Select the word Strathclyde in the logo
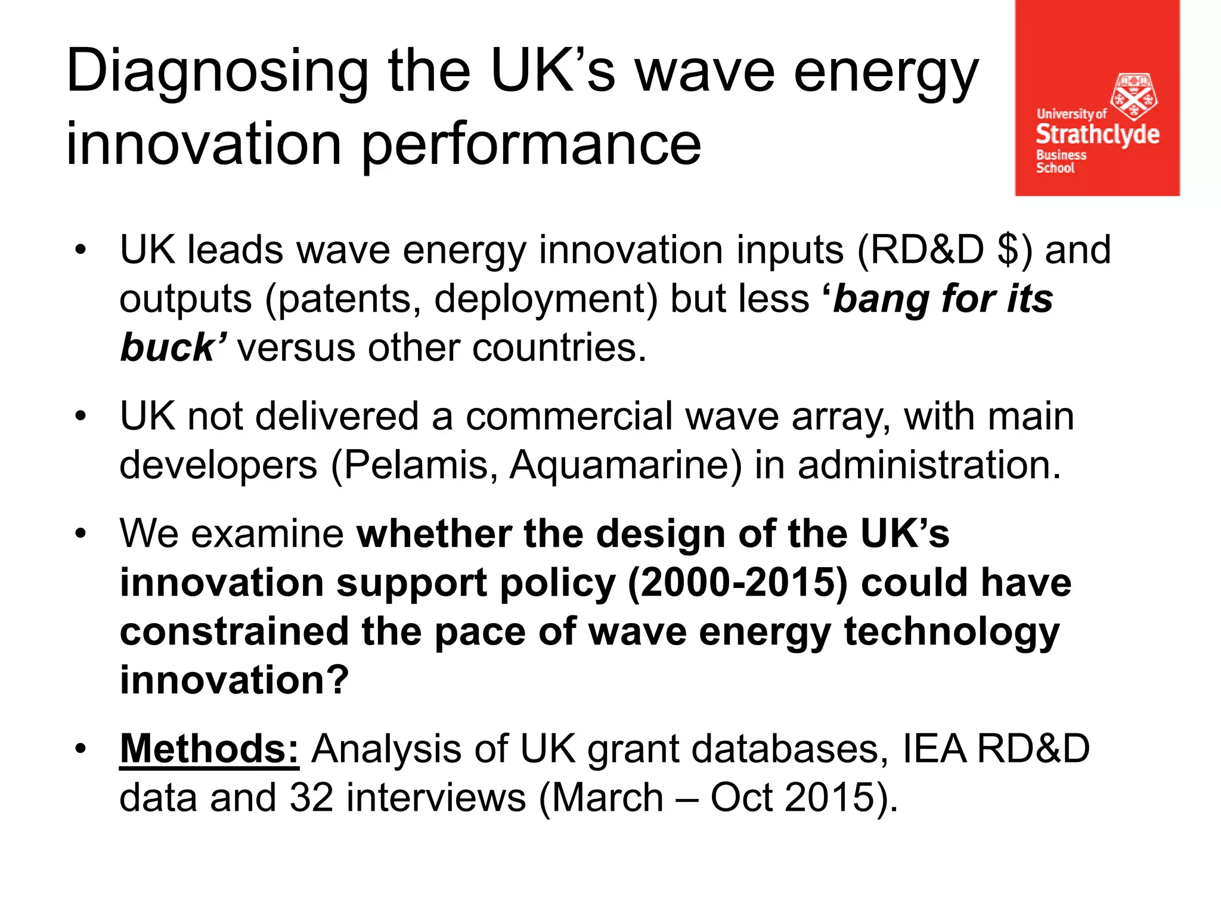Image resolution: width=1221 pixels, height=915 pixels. pos(1097,135)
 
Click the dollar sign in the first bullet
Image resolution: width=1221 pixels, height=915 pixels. pos(1007,250)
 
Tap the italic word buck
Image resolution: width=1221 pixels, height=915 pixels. pos(167,348)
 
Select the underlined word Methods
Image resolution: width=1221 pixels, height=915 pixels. pos(209,749)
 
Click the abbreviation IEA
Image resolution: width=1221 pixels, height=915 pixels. pos(933,749)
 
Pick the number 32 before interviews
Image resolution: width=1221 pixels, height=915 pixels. pos(311,798)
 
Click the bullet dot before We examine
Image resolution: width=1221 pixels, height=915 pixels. pos(81,534)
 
